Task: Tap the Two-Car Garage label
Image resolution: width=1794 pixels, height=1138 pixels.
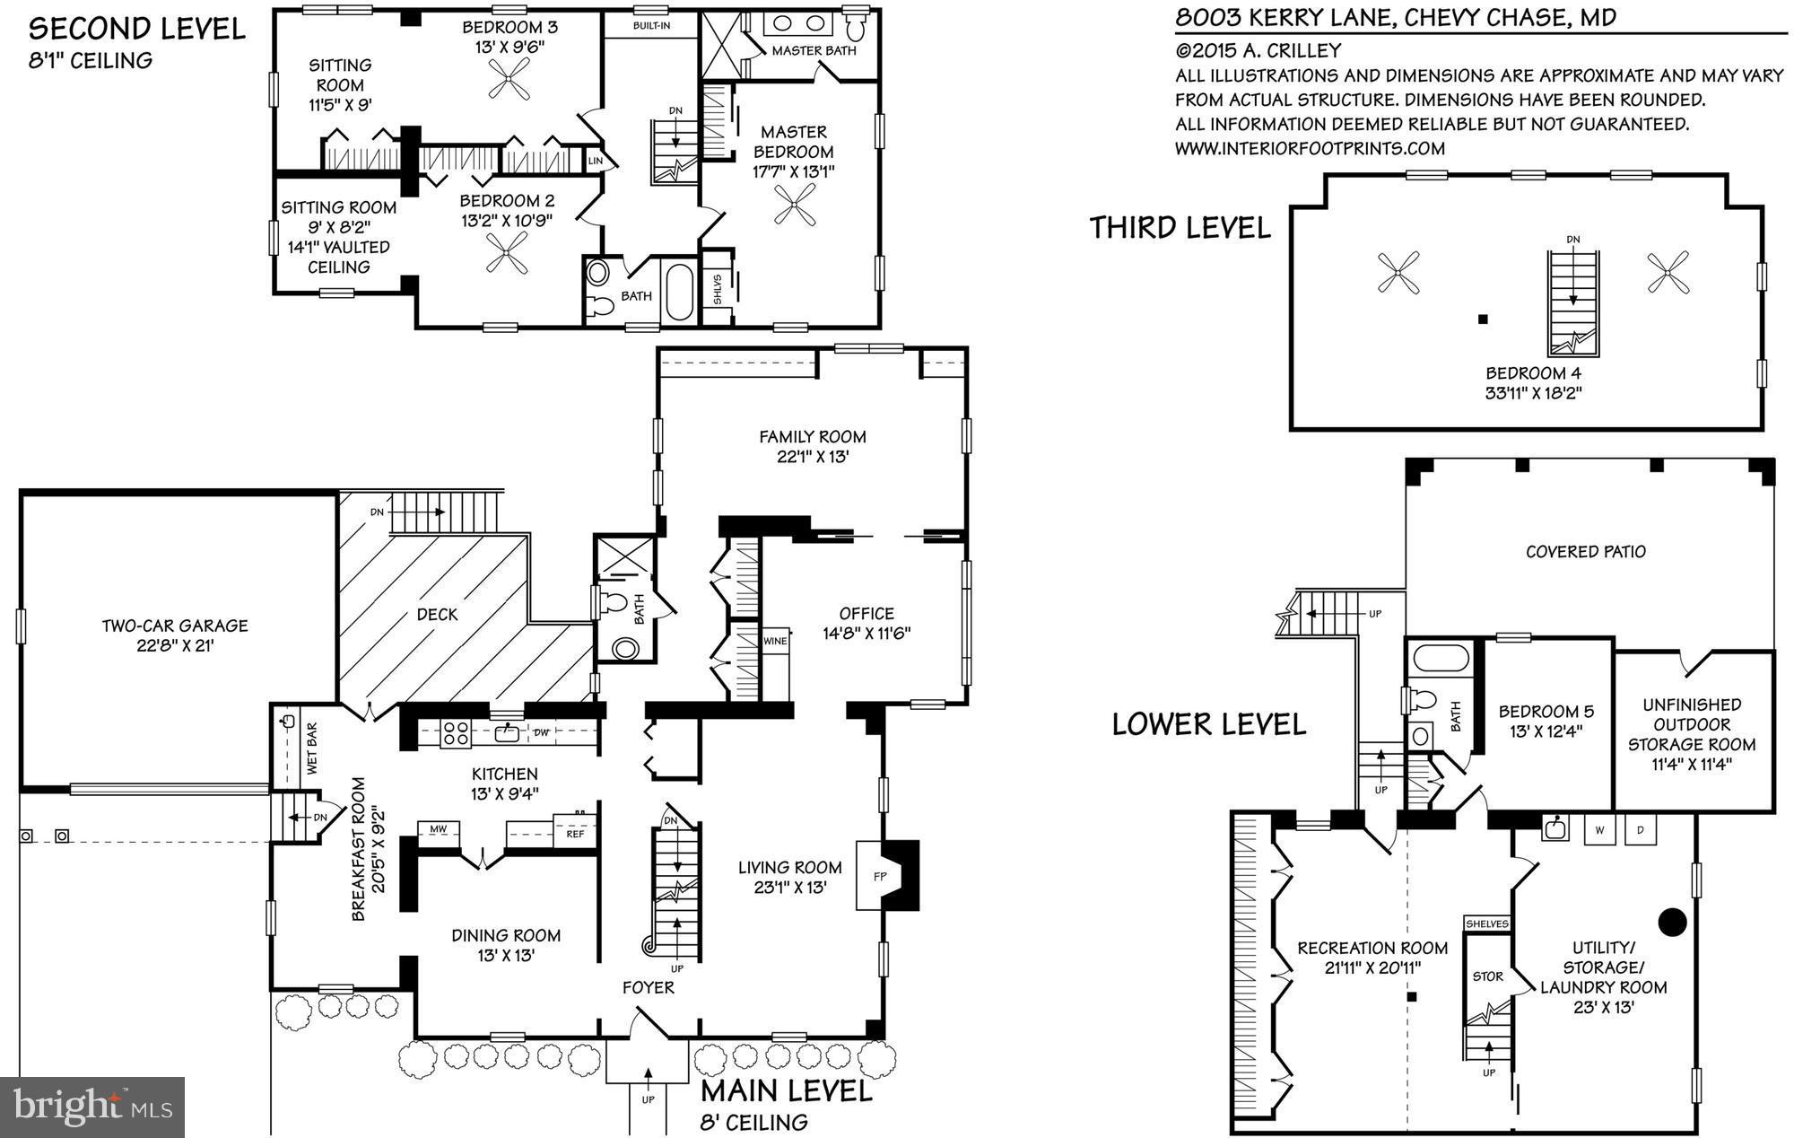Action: pyautogui.click(x=174, y=626)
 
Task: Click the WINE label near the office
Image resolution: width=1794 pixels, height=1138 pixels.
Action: pyautogui.click(x=775, y=641)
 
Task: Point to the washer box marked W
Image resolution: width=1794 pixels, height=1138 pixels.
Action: pyautogui.click(x=1599, y=830)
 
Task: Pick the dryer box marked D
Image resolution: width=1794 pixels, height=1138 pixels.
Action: pyautogui.click(x=1640, y=830)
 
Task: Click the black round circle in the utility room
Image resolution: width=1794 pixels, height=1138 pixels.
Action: pyautogui.click(x=1672, y=922)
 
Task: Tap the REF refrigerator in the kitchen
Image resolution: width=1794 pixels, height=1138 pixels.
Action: pyautogui.click(x=575, y=834)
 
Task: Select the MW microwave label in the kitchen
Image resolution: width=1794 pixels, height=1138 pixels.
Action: pyautogui.click(x=439, y=828)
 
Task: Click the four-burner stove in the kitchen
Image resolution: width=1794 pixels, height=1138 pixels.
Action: pyautogui.click(x=456, y=733)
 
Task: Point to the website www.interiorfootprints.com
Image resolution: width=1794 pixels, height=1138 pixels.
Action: pyautogui.click(x=1310, y=149)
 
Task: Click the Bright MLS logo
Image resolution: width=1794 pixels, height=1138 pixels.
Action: pyautogui.click(x=92, y=1107)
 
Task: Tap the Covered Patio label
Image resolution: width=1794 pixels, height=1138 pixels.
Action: pyautogui.click(x=1585, y=552)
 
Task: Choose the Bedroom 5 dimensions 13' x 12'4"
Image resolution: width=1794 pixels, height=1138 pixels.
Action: pyautogui.click(x=1546, y=731)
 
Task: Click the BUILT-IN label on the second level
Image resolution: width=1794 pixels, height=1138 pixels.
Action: pyautogui.click(x=651, y=25)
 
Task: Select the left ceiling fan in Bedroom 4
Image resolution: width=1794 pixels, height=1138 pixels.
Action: pyautogui.click(x=1398, y=272)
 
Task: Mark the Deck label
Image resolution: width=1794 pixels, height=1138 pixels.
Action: pyautogui.click(x=437, y=615)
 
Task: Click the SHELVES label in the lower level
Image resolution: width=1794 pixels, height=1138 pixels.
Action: pyautogui.click(x=1487, y=924)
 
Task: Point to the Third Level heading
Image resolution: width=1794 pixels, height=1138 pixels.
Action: pyautogui.click(x=1180, y=228)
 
